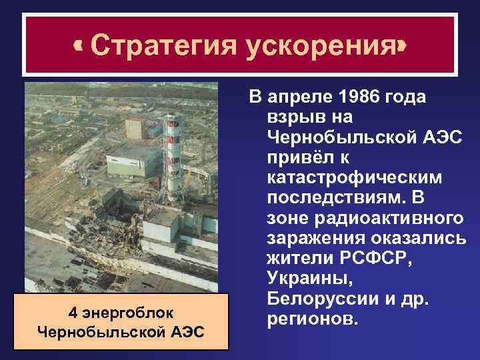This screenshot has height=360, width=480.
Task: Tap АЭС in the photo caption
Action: (191, 331)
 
